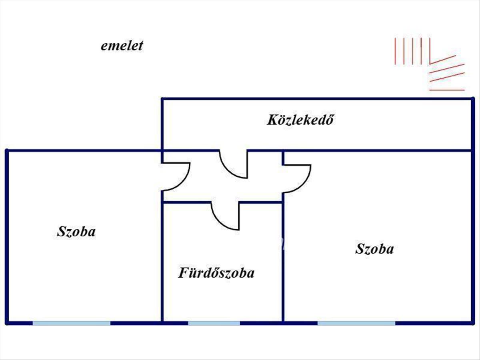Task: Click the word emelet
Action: (x=122, y=46)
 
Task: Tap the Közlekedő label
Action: (x=300, y=120)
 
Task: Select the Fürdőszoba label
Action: (x=216, y=273)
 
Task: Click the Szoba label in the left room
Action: (x=76, y=231)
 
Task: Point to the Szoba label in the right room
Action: (x=374, y=249)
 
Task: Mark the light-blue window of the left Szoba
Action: (x=72, y=323)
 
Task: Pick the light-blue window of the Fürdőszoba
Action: (x=214, y=323)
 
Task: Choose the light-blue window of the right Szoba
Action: (x=356, y=323)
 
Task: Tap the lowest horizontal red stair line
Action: (x=447, y=90)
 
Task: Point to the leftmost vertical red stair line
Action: (x=395, y=51)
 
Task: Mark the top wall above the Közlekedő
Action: (x=318, y=99)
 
